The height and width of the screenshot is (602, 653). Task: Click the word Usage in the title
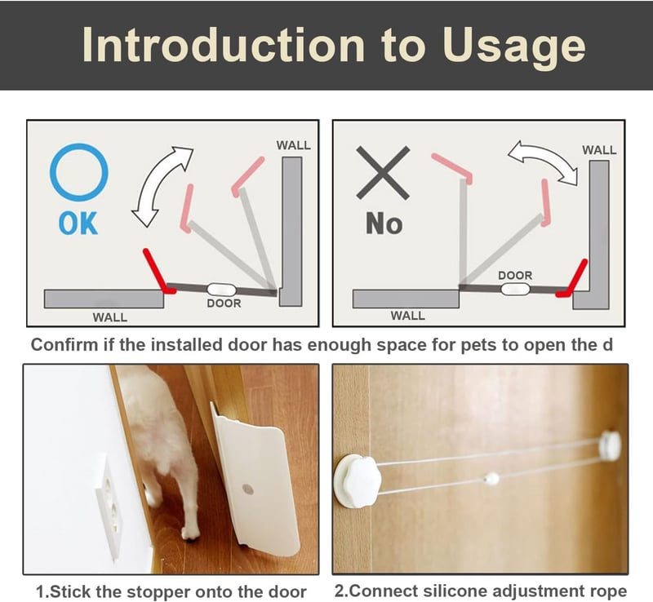513,46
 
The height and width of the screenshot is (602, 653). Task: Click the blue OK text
78,224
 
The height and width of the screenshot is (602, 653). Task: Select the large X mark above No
383,172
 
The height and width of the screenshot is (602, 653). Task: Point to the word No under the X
384,224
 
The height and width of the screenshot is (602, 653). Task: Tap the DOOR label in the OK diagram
224,303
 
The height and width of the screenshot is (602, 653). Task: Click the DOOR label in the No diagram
515,275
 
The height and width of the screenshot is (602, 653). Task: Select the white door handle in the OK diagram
221,290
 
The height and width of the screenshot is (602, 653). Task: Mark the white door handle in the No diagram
515,289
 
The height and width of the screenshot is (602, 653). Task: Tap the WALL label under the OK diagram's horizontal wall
110,317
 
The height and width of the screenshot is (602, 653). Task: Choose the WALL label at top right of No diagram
599,150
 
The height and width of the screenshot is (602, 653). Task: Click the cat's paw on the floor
191,533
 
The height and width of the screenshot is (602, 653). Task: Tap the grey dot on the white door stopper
248,489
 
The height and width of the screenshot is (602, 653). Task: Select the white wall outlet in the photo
110,509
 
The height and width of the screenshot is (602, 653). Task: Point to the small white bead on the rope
492,478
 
